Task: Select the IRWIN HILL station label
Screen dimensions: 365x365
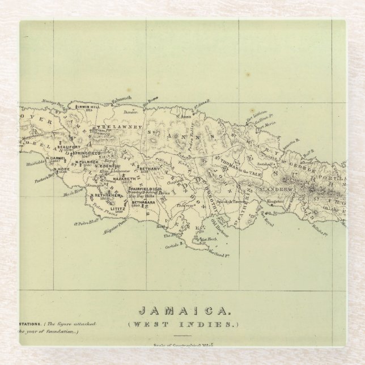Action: (x=88, y=107)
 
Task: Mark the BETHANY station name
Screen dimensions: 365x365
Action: (x=150, y=168)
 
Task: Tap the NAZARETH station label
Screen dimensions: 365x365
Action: (x=124, y=179)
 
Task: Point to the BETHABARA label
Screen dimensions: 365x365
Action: (x=143, y=202)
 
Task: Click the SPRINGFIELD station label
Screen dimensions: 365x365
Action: (x=87, y=153)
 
